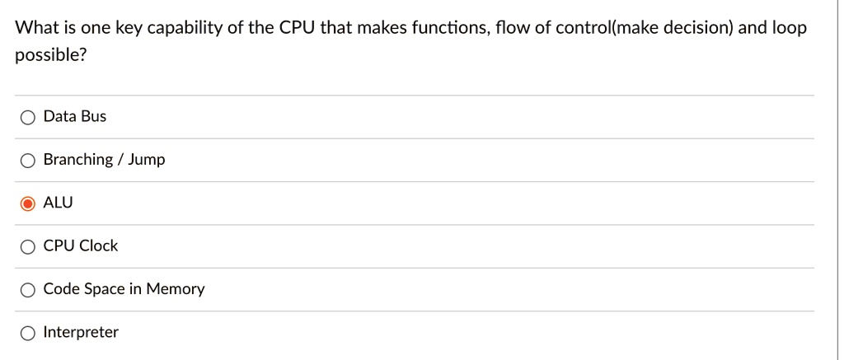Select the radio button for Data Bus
coord(28,117)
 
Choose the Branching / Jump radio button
coord(28,161)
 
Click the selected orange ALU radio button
coord(28,203)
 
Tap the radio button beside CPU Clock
coord(28,246)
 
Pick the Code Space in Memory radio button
coord(28,290)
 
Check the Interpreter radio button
coord(28,333)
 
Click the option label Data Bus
coord(75,116)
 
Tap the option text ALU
coord(58,203)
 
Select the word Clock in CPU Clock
coord(99,245)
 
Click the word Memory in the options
coord(176,289)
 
